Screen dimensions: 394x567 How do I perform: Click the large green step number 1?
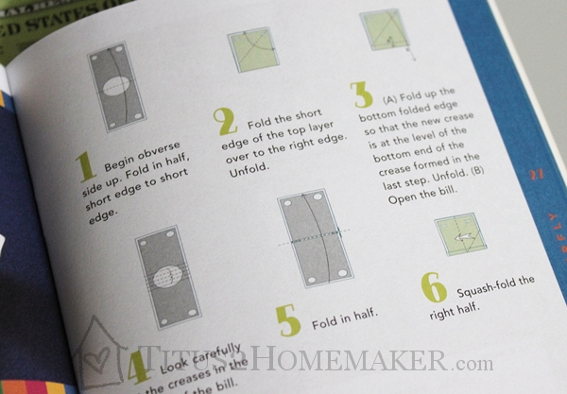pyautogui.click(x=85, y=168)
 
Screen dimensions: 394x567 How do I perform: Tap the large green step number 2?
pyautogui.click(x=223, y=123)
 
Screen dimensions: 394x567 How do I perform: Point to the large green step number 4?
pyautogui.click(x=138, y=363)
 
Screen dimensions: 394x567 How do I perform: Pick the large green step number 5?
pyautogui.click(x=288, y=320)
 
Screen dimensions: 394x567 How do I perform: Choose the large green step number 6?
pyautogui.click(x=434, y=289)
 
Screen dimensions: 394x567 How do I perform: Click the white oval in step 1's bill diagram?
pyautogui.click(x=112, y=87)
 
